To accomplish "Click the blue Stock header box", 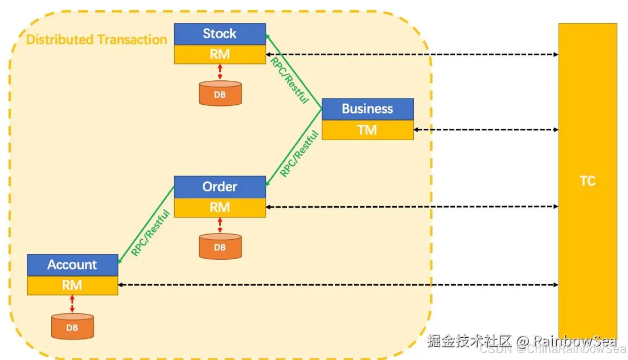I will (x=220, y=34).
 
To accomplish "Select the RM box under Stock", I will (x=220, y=54).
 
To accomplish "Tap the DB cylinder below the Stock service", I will (x=220, y=94).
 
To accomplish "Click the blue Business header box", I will (x=367, y=109).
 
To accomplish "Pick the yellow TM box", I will (x=367, y=130).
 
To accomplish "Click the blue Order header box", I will (x=220, y=187).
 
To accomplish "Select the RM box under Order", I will (x=220, y=208).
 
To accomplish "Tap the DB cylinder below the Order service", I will (x=220, y=247).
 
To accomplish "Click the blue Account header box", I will (x=72, y=264).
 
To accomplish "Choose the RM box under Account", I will (x=72, y=285).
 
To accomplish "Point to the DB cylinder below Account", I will (x=72, y=327).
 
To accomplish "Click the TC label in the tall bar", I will (x=587, y=181).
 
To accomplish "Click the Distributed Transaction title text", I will (x=97, y=39).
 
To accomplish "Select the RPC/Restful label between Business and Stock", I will (x=289, y=80).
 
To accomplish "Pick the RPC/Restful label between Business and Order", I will (x=299, y=153).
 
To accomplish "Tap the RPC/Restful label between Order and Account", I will (x=151, y=232).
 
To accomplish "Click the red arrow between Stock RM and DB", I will (x=220, y=72).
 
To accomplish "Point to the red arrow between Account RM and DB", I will (x=72, y=304).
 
